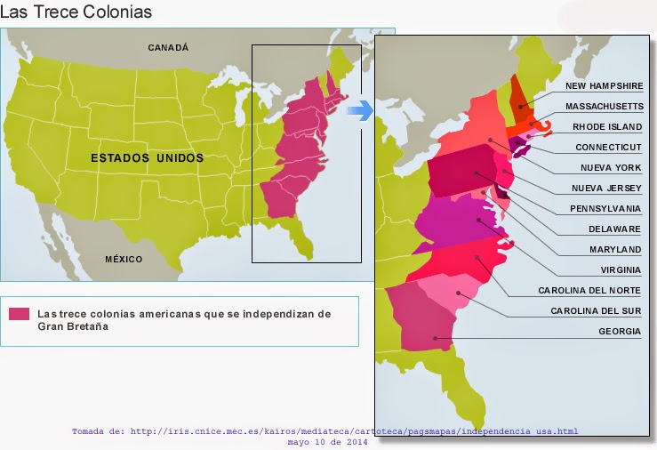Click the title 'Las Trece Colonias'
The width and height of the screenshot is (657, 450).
click(x=76, y=12)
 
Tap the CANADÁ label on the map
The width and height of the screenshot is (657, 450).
click(x=168, y=48)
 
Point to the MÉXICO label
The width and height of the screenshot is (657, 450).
click(x=124, y=259)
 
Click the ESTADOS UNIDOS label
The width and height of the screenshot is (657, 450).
click(x=147, y=158)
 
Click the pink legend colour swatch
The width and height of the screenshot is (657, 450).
click(x=20, y=314)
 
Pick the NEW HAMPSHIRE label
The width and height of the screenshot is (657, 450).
click(x=604, y=86)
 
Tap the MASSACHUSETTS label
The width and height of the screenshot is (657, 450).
click(x=604, y=106)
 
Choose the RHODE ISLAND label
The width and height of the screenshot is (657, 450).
click(x=607, y=126)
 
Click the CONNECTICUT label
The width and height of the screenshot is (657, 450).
click(x=608, y=147)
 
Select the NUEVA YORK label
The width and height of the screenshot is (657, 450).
click(x=611, y=167)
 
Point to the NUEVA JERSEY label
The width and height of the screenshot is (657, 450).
click(x=609, y=188)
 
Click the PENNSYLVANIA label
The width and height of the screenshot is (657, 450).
click(x=605, y=208)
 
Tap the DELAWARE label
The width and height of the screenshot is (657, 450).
click(x=614, y=229)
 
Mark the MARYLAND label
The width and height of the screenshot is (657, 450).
click(x=614, y=249)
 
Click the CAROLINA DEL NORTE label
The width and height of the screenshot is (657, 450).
click(x=589, y=290)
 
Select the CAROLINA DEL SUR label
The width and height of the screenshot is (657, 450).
click(x=596, y=310)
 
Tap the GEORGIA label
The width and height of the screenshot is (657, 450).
click(x=620, y=331)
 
